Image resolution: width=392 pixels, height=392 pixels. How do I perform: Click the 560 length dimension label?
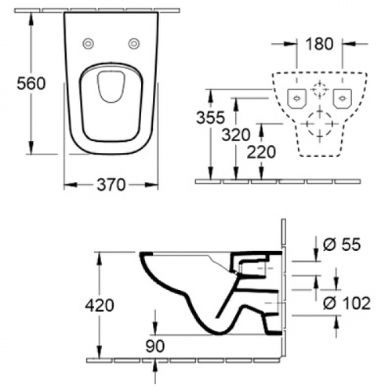tap(31, 84)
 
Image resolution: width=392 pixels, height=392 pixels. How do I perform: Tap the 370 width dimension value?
tap(111, 185)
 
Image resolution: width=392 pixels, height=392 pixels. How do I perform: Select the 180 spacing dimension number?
tap(320, 44)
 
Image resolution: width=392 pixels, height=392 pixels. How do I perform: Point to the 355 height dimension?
tap(210, 118)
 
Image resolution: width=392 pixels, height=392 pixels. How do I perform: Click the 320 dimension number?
tap(236, 135)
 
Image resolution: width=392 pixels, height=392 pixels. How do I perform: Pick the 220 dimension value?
tap(261, 152)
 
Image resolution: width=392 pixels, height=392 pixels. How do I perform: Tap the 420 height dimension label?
tap(100, 305)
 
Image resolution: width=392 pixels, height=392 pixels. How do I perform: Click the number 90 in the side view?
tap(155, 346)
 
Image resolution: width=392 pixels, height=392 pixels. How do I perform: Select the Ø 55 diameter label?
tap(342, 245)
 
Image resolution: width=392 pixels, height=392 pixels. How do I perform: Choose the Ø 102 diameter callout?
tap(347, 303)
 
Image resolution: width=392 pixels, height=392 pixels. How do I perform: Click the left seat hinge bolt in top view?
tap(89, 44)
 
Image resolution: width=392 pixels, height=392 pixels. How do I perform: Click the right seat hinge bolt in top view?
tap(134, 44)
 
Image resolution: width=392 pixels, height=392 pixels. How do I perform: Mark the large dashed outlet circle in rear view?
tap(320, 124)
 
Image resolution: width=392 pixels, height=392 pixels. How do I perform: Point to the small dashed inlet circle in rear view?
tap(320, 89)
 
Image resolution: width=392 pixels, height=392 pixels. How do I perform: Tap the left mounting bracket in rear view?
tap(297, 99)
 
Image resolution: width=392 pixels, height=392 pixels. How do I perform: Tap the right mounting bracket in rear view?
tap(342, 99)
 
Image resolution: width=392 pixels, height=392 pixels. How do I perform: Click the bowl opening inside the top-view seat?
tap(111, 86)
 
